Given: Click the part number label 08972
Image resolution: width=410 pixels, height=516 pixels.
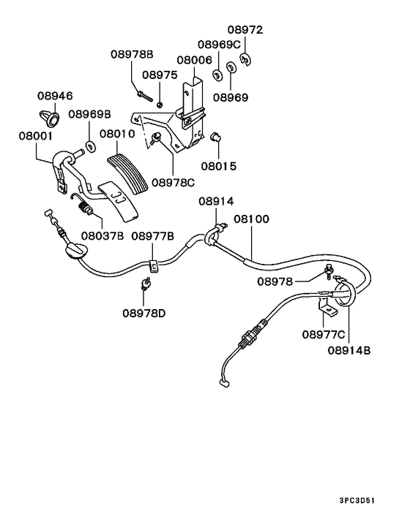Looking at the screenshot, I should click(245, 31).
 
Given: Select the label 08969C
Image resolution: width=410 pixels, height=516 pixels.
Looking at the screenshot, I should click(219, 45).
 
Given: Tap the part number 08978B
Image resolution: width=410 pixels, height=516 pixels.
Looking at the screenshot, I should click(132, 53).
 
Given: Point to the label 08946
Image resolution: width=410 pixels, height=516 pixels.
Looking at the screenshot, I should click(56, 96).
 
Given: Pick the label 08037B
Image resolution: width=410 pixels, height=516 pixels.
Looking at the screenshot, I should click(102, 235).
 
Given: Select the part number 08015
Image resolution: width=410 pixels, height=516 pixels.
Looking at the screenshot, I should click(219, 166).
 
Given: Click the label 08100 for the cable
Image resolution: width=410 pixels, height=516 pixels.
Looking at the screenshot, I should click(251, 219).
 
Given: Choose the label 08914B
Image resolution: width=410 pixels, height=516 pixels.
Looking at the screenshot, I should click(348, 350).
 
